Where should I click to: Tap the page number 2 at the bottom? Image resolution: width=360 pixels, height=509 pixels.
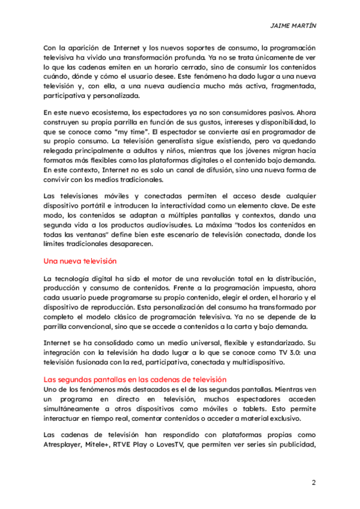point(313,483)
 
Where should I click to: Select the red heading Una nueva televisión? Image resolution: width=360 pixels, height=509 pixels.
point(80,261)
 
